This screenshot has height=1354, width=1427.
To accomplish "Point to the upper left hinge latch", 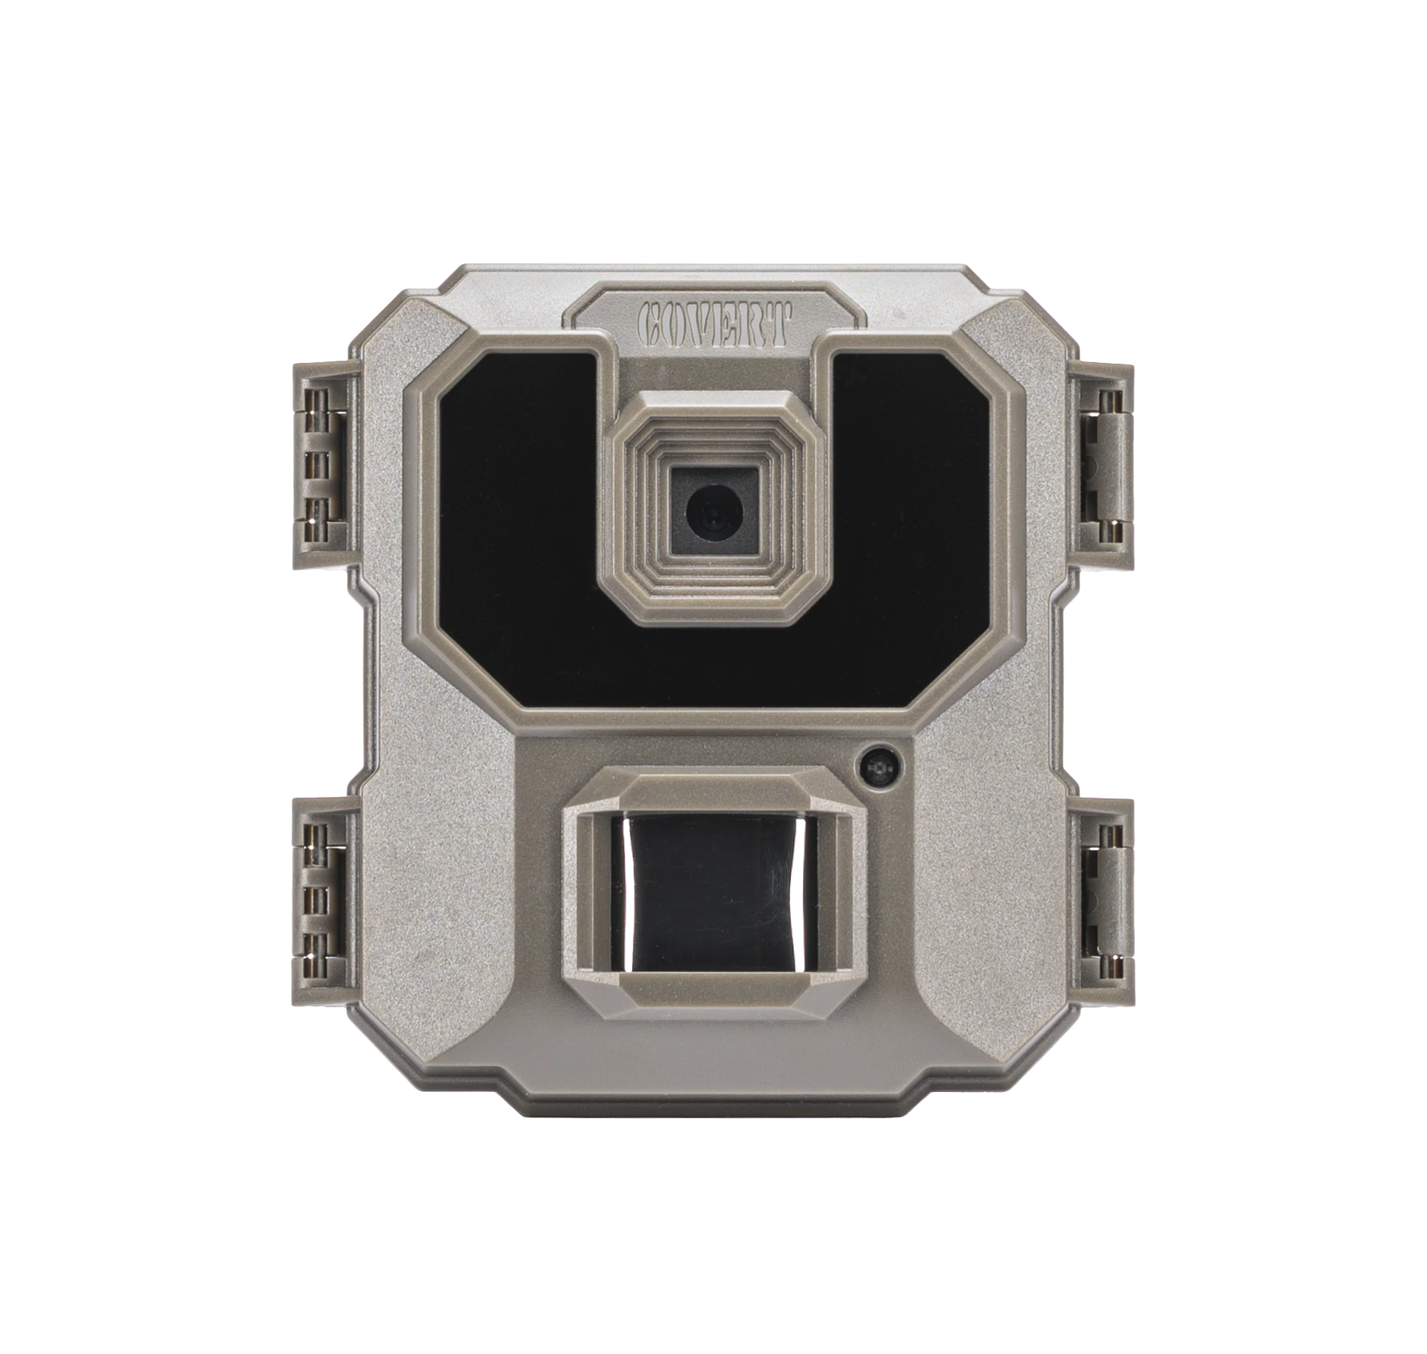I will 320,464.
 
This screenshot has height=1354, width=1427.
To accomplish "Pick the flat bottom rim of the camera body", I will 713,1107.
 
